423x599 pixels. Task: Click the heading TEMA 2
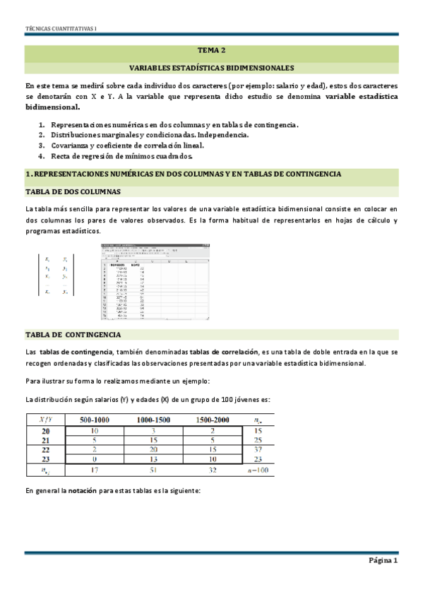click(x=211, y=51)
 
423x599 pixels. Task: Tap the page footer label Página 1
click(x=383, y=562)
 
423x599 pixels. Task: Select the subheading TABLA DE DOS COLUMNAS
click(x=73, y=192)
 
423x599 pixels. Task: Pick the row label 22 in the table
click(x=46, y=449)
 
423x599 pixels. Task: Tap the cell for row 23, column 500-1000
click(x=94, y=459)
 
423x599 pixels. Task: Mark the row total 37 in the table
click(x=258, y=449)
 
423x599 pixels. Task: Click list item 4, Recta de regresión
click(x=131, y=156)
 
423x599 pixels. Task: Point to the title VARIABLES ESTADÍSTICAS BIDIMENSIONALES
click(x=211, y=69)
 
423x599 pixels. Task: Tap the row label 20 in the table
click(x=46, y=429)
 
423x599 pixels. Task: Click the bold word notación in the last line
click(x=82, y=490)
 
